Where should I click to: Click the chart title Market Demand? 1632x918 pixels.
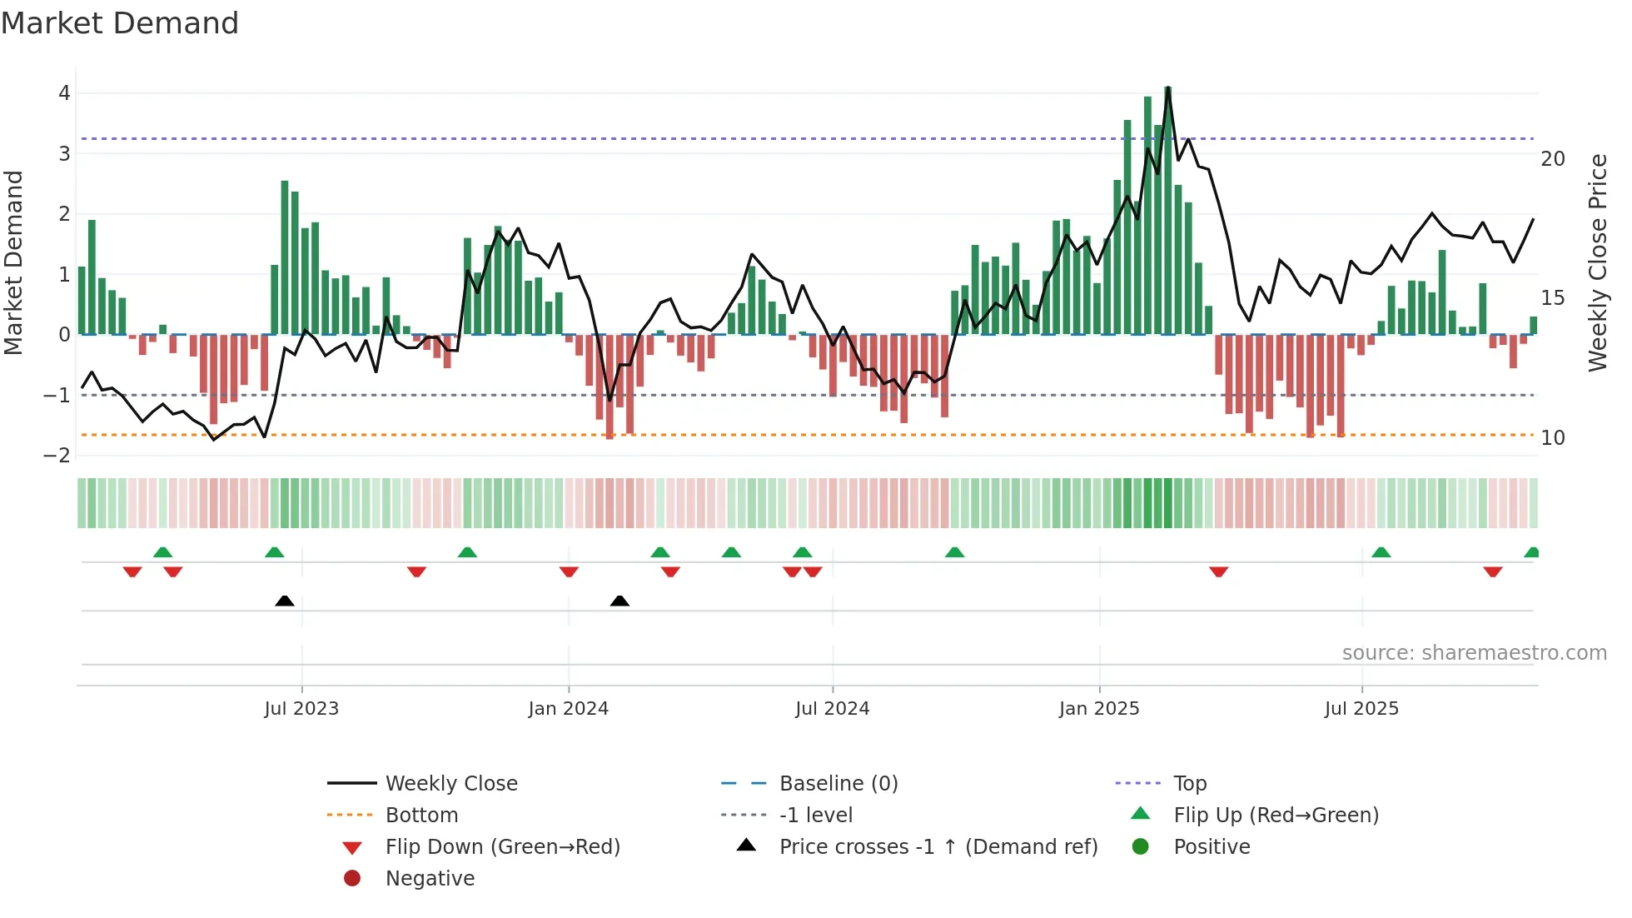(120, 23)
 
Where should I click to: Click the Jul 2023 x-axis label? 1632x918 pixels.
(301, 709)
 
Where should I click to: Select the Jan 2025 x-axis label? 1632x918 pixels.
(1099, 709)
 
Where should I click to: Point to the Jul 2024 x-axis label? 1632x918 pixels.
(832, 709)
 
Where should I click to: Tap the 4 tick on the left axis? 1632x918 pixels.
(64, 93)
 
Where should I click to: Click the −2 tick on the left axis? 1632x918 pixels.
(57, 456)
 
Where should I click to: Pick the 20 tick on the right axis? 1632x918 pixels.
(1553, 159)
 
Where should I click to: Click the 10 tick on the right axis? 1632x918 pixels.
(1553, 438)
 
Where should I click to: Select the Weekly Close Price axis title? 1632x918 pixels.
(1598, 262)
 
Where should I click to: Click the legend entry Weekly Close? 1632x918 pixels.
(451, 784)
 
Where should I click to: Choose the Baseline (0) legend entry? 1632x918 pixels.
(838, 784)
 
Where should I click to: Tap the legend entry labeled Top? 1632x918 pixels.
(1190, 784)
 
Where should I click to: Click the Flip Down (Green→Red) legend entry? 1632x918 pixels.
(502, 847)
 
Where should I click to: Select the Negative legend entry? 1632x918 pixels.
(430, 879)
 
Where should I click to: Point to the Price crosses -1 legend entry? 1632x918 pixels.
(938, 847)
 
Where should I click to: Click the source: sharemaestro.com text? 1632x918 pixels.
(1474, 653)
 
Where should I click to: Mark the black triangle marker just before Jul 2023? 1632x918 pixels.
(285, 601)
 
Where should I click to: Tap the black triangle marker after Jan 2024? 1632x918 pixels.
(619, 601)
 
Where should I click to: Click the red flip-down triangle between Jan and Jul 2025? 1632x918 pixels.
(1219, 571)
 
